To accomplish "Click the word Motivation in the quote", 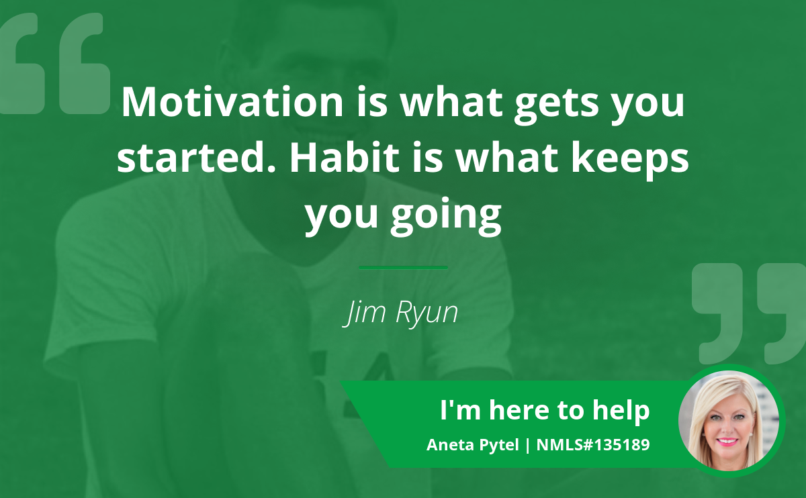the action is pos(232,102).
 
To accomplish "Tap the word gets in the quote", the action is pos(557,105).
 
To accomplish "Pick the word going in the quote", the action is pos(446,215).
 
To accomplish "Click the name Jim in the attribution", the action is pos(364,312).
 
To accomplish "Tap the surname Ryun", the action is pos(427,313).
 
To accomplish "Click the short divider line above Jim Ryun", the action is pos(404,268).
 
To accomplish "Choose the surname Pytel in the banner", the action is pos(500,446).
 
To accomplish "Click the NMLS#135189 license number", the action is pos(593,445).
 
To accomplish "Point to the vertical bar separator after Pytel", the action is pos(527,446).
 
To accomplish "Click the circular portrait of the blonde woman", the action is pos(729,421).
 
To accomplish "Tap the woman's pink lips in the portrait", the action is pos(727,442).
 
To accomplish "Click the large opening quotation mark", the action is pos(54,63).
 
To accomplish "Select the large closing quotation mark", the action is pos(749,313).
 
